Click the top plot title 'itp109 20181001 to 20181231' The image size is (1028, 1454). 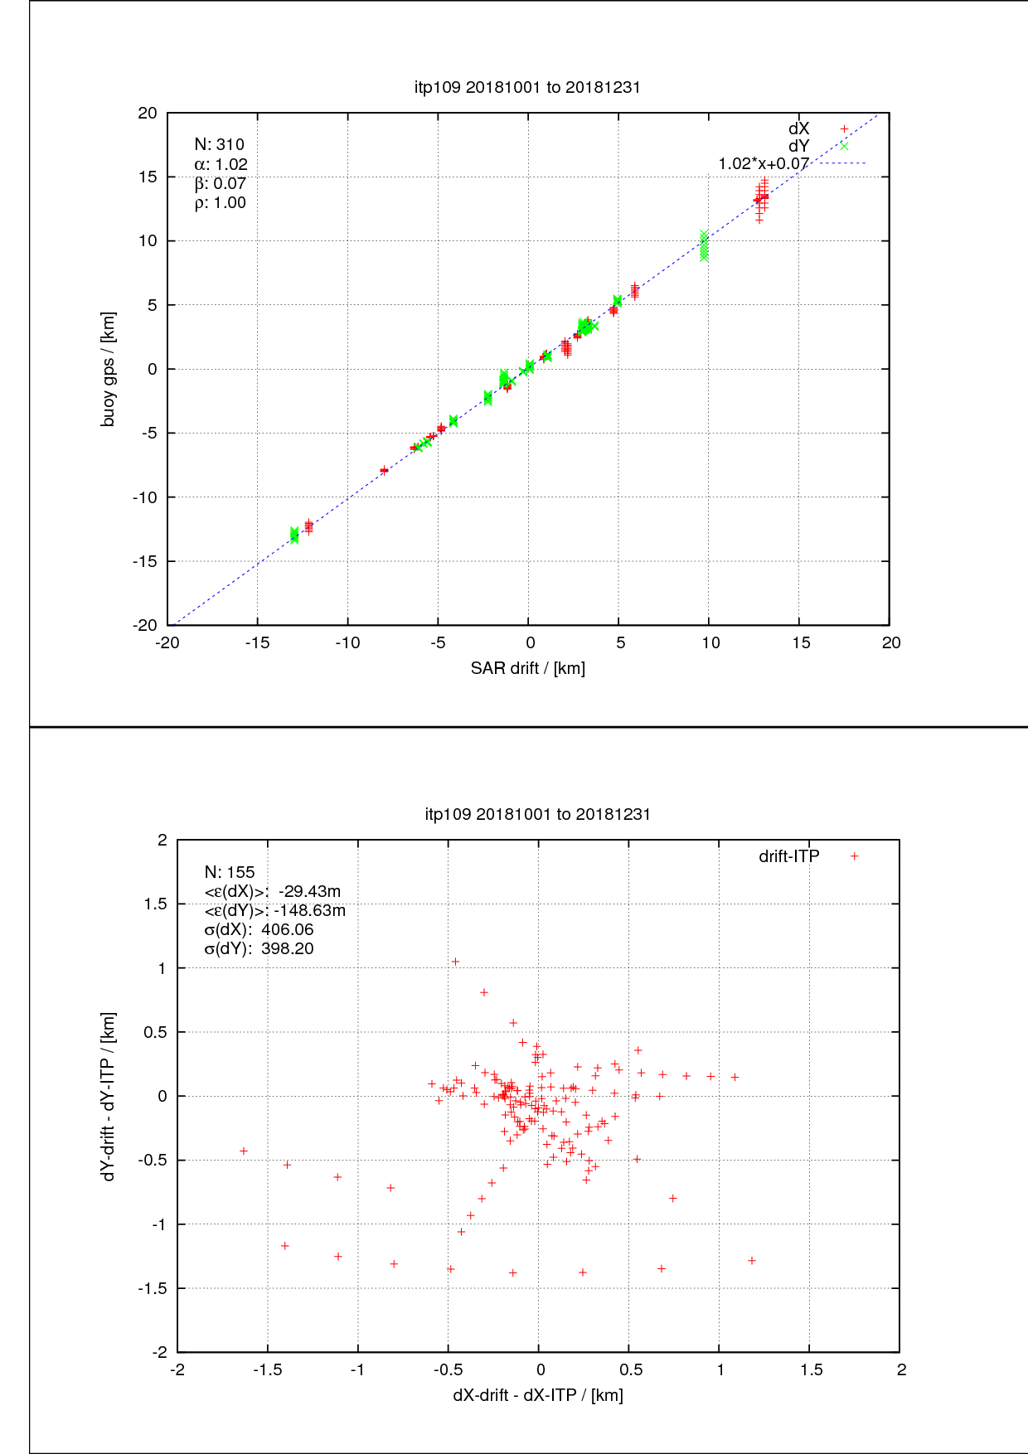[x=527, y=87]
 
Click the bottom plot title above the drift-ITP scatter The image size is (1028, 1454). [x=537, y=814]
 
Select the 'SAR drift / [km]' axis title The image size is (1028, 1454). [x=527, y=668]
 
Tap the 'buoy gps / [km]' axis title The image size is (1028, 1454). [x=109, y=369]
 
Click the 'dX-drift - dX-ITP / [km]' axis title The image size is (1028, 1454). [x=537, y=1394]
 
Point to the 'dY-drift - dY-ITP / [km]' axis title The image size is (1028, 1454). [x=109, y=1096]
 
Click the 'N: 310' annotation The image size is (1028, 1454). [x=219, y=144]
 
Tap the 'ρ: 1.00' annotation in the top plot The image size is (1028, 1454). [x=220, y=202]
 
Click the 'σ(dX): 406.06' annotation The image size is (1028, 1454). [x=259, y=929]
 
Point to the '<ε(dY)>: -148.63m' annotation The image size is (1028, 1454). [x=274, y=910]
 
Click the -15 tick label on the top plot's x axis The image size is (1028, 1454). [x=257, y=642]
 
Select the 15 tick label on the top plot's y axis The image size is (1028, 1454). [x=147, y=177]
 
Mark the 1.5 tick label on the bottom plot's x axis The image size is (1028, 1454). [x=811, y=1369]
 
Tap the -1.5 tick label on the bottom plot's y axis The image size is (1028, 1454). [x=153, y=1288]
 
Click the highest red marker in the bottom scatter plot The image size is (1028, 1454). [x=455, y=962]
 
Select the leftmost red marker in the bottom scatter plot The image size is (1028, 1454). [x=244, y=1151]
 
